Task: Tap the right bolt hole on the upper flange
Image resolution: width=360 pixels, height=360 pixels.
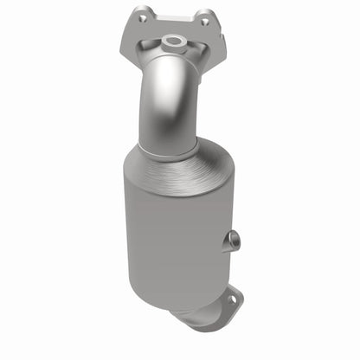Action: pos(205,22)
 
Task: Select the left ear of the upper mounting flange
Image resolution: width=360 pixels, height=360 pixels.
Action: pos(141,16)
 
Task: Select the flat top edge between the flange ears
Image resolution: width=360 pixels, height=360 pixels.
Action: pos(173,16)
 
